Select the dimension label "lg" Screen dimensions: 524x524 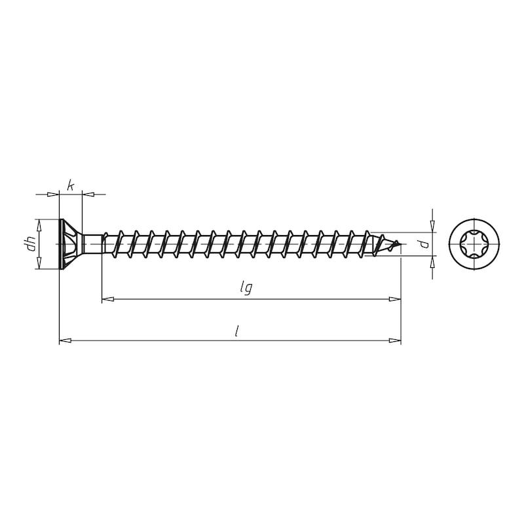[245, 288]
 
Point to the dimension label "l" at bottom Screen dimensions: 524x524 [236, 331]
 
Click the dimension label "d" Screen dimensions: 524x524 [424, 245]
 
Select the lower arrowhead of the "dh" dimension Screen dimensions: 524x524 [39, 263]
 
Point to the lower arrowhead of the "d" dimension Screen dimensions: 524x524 [432, 263]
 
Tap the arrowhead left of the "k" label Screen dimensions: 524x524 [54, 194]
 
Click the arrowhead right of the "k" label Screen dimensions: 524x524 [88, 194]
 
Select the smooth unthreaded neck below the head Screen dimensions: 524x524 [93, 244]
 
